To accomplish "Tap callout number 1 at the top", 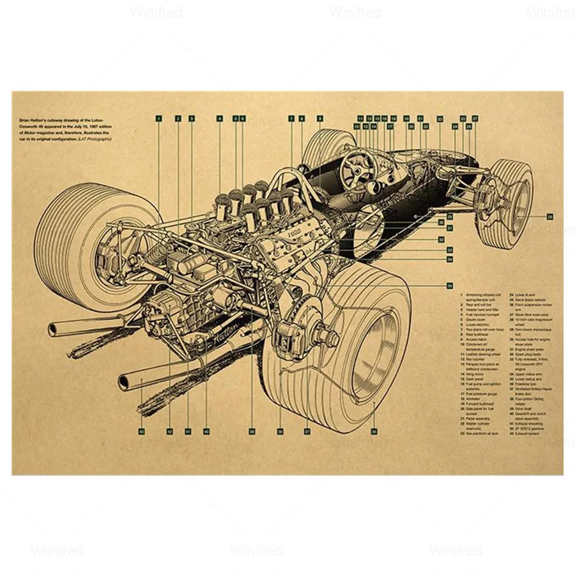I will tap(158, 118).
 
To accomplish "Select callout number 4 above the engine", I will tap(219, 118).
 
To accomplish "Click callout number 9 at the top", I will tap(320, 118).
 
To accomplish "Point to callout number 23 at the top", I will tap(440, 119).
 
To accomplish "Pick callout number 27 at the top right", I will tap(475, 119).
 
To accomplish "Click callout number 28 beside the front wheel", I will tap(550, 217).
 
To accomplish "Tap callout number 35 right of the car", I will tap(450, 286).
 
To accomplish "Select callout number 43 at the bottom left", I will tap(141, 431).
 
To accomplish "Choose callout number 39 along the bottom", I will tap(252, 431).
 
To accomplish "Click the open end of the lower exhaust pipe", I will tap(123, 382).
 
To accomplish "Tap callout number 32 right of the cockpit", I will tap(441, 239).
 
